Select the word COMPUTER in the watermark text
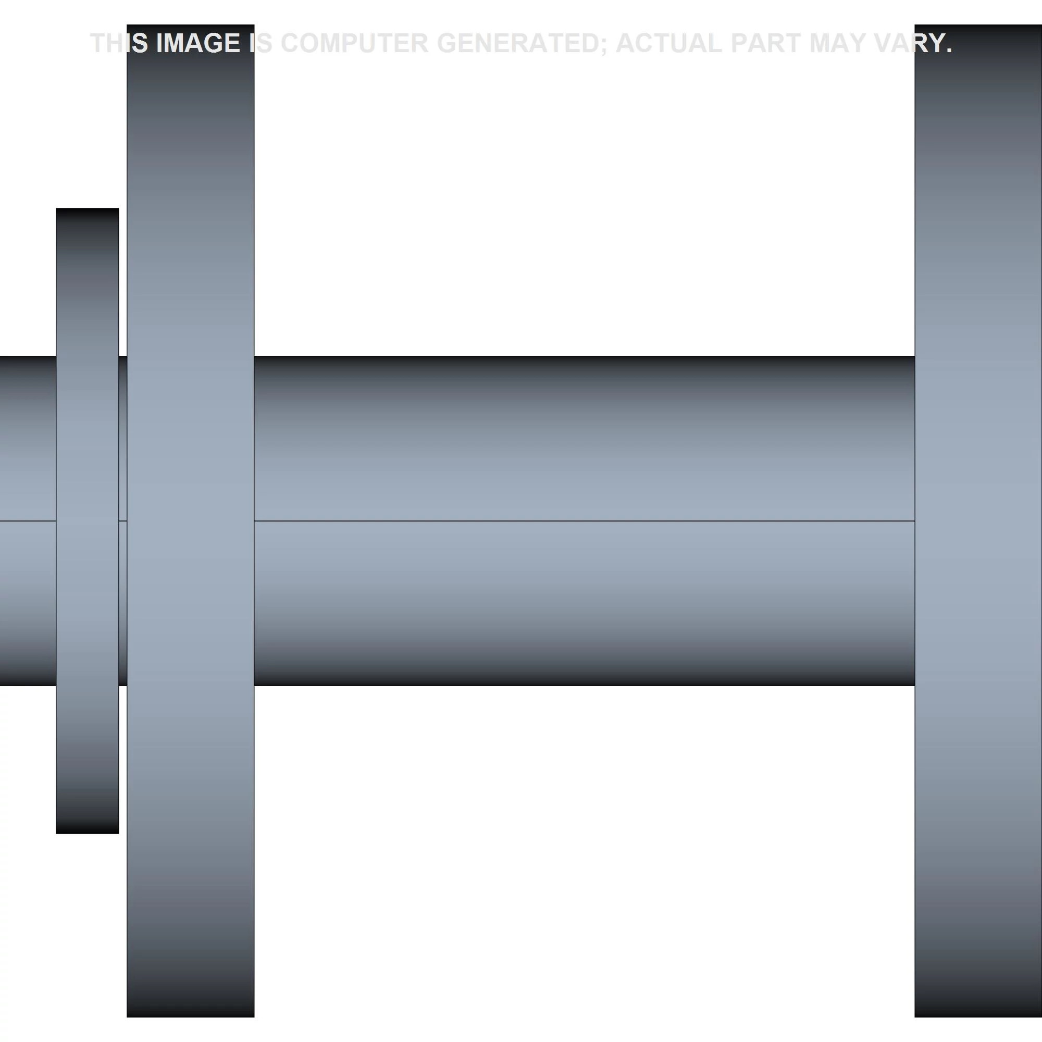pos(354,43)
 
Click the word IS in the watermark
pos(260,43)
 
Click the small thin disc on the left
pos(88,521)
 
